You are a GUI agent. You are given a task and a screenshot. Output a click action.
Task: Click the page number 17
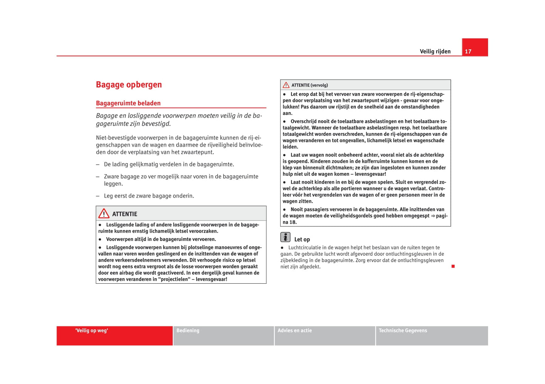point(468,52)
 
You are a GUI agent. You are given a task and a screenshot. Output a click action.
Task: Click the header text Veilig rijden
point(435,52)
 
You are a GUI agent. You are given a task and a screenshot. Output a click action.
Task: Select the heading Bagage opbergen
point(129,84)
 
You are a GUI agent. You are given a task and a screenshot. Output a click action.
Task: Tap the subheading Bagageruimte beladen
point(128,103)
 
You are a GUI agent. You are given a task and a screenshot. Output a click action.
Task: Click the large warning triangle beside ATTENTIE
point(104,214)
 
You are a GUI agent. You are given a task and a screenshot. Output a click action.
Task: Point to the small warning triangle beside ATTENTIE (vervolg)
point(286,85)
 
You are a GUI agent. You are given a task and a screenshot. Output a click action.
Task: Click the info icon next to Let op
point(286,237)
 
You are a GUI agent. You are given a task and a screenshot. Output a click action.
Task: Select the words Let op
point(302,240)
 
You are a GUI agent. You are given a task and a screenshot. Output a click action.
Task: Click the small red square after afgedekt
point(453,266)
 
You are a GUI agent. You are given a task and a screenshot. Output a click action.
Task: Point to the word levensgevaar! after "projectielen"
point(212,280)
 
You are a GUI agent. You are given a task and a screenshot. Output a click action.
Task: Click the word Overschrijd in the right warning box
point(305,121)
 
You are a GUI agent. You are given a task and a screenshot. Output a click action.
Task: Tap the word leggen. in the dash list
point(114,184)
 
